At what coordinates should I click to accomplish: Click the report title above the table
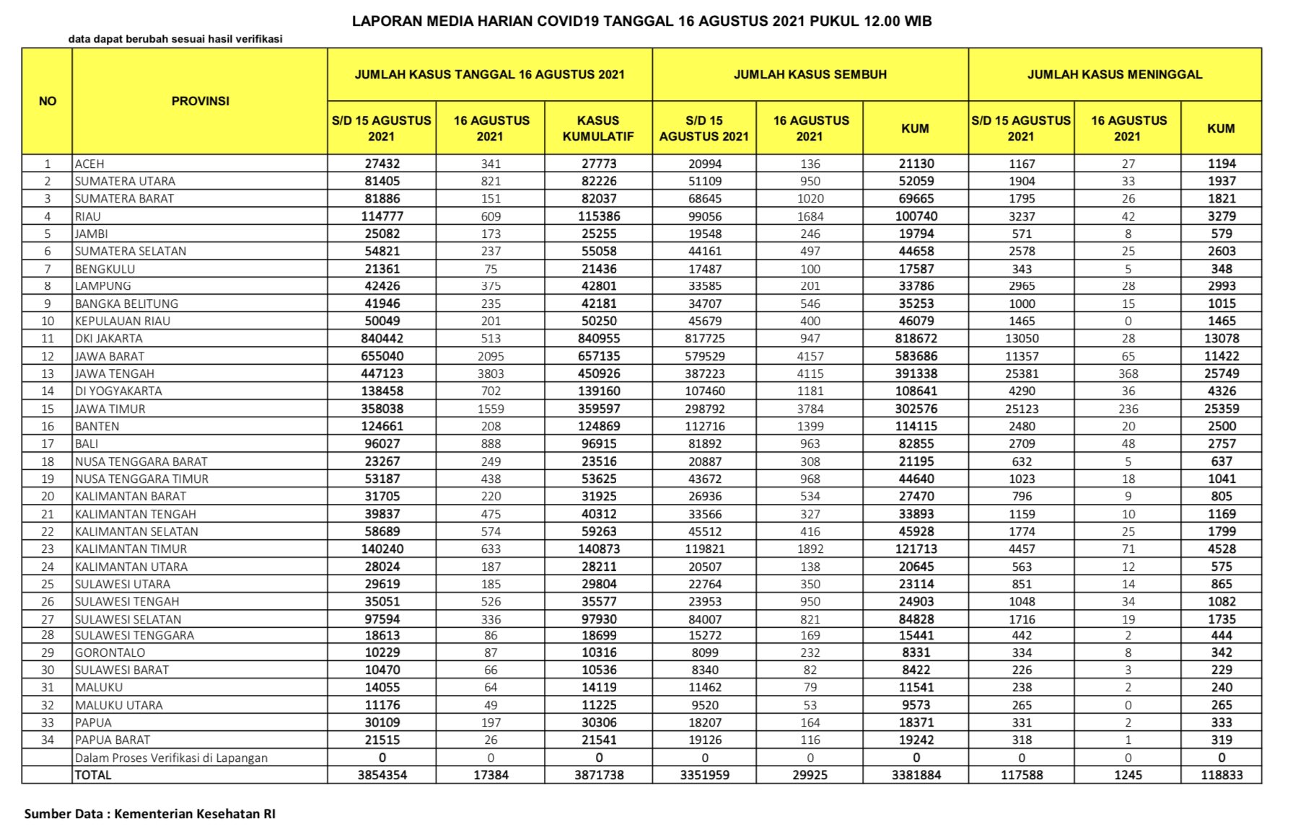tap(641, 21)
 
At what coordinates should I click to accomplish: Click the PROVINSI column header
tap(200, 101)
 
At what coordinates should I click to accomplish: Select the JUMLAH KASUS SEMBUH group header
tap(809, 74)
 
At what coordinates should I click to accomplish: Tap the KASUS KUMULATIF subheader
tap(598, 128)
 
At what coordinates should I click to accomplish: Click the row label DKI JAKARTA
tap(109, 338)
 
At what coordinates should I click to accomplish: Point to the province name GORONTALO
tap(110, 652)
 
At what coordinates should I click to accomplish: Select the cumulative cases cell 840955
tap(599, 338)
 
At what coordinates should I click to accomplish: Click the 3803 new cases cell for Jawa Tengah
tap(491, 373)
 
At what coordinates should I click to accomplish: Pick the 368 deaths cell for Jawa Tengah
tap(1128, 373)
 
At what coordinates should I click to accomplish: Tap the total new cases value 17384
tap(491, 775)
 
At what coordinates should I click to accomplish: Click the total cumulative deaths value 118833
tap(1221, 775)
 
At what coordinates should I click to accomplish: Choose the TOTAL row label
tap(93, 775)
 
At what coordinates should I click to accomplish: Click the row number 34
tap(48, 740)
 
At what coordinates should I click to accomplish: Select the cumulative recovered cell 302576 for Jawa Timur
tap(916, 409)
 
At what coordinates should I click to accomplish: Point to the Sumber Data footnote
tap(150, 814)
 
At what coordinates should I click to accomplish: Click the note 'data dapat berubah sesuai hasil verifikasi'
tap(175, 39)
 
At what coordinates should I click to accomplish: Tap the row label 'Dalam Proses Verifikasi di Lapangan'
tap(171, 758)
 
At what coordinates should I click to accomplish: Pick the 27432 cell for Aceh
tap(382, 164)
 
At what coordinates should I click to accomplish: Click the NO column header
tap(48, 101)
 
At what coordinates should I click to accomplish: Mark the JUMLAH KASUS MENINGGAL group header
tap(1115, 74)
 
